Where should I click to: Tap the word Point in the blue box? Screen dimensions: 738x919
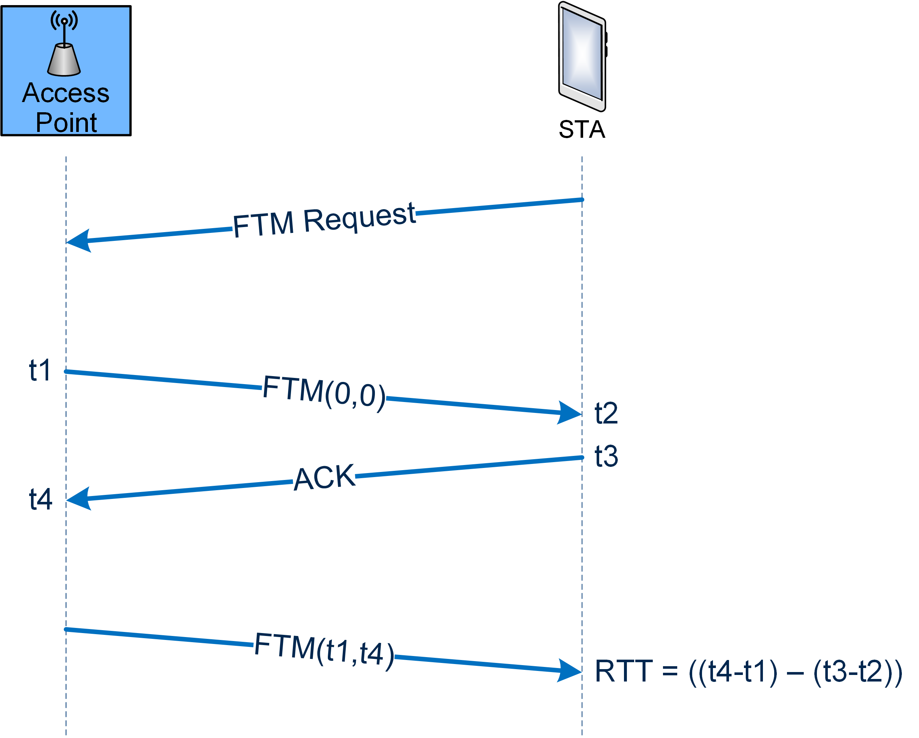click(66, 123)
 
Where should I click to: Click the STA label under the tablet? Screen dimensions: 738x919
click(582, 129)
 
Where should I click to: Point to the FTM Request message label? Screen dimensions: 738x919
click(324, 220)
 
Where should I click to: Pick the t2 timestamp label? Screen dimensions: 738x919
click(606, 413)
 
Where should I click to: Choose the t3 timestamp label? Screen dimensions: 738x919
click(606, 456)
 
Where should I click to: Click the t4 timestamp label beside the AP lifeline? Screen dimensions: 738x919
click(40, 499)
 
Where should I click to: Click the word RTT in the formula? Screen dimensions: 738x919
click(624, 672)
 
